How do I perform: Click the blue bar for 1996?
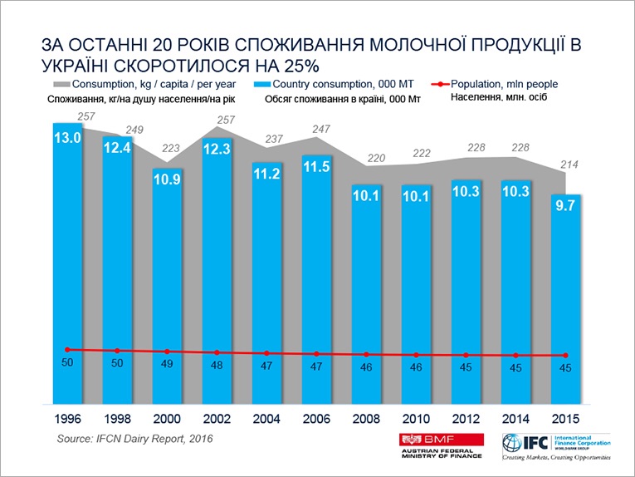pyautogui.click(x=67, y=266)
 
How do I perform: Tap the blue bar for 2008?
pyautogui.click(x=367, y=291)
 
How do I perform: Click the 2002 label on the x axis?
pyautogui.click(x=217, y=419)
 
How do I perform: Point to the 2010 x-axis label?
pyautogui.click(x=417, y=419)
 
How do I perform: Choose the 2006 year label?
pyautogui.click(x=316, y=419)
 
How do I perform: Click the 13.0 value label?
pyautogui.click(x=67, y=139)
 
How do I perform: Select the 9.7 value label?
pyautogui.click(x=566, y=211)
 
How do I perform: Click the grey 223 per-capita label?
pyautogui.click(x=167, y=149)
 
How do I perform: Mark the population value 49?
pyautogui.click(x=167, y=365)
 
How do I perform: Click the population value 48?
pyautogui.click(x=217, y=366)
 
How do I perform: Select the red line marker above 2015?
pyautogui.click(x=566, y=356)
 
